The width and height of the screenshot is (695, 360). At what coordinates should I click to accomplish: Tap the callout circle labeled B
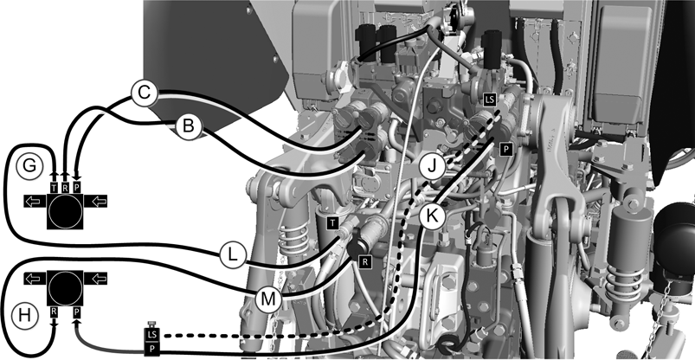(189, 127)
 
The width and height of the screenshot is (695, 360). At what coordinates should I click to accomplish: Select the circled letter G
(29, 167)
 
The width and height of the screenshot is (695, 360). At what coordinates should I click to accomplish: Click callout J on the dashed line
(432, 167)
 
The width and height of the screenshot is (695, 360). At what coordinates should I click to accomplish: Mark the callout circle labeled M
(268, 299)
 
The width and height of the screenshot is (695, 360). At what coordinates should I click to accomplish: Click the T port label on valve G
(54, 188)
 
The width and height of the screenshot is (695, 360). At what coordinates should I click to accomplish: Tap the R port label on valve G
(65, 188)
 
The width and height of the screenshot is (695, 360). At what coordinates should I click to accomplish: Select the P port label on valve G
(77, 188)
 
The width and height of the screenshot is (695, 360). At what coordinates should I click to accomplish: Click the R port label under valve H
(54, 312)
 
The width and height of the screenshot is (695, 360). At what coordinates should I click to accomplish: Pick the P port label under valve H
(77, 312)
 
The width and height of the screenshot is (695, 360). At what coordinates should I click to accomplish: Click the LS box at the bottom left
(151, 334)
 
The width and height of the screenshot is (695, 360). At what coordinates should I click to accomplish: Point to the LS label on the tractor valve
(489, 100)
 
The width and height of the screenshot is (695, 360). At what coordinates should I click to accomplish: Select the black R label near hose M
(365, 262)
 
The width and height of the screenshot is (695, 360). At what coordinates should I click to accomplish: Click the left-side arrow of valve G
(35, 201)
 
